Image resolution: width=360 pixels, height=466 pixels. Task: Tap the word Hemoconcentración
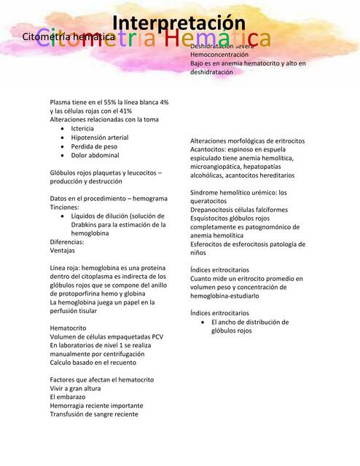pyautogui.click(x=219, y=55)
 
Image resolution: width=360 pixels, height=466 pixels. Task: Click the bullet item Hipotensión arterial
pyautogui.click(x=99, y=137)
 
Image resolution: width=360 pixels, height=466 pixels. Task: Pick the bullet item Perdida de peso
pyautogui.click(x=93, y=146)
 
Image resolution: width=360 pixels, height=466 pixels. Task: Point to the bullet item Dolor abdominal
pyautogui.click(x=95, y=155)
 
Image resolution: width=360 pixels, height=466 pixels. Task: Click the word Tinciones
pyautogui.click(x=64, y=207)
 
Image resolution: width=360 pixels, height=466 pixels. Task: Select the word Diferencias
pyautogui.click(x=67, y=241)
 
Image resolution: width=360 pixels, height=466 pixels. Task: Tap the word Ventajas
pyautogui.click(x=63, y=250)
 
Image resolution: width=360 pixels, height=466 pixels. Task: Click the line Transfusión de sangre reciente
pyautogui.click(x=93, y=414)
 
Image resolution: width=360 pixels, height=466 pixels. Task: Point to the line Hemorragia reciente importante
pyautogui.click(x=96, y=406)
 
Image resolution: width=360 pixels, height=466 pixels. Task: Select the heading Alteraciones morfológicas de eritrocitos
pyautogui.click(x=247, y=141)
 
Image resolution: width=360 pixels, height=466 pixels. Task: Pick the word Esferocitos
pyautogui.click(x=209, y=244)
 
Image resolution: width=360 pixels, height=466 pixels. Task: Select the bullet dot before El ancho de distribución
pyautogui.click(x=202, y=322)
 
